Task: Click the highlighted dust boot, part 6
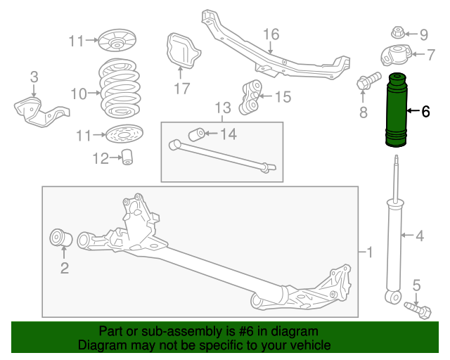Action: [398, 110]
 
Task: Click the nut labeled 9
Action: [397, 32]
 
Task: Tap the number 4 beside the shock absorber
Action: [419, 236]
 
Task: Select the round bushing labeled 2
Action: [60, 239]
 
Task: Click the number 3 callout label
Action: [34, 77]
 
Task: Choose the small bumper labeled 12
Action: [127, 158]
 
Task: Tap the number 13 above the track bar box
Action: [222, 108]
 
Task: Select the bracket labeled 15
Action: [252, 96]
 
